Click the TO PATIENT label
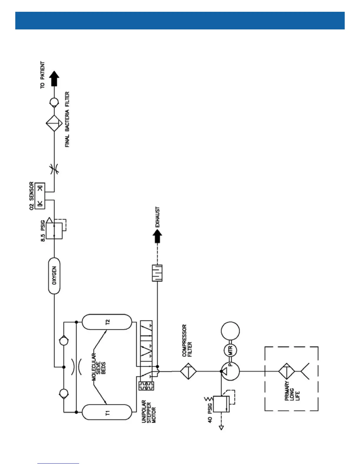[43, 75]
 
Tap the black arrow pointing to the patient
[54, 78]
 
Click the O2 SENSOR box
[40, 196]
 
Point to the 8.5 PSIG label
[43, 233]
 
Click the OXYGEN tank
[54, 276]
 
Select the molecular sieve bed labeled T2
[107, 322]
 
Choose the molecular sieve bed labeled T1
[107, 412]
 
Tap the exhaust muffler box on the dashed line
[157, 273]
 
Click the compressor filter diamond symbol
[188, 371]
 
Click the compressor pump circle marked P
[230, 371]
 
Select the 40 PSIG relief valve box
[221, 404]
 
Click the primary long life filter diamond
[286, 371]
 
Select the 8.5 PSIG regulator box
[54, 231]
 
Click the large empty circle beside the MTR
[230, 331]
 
